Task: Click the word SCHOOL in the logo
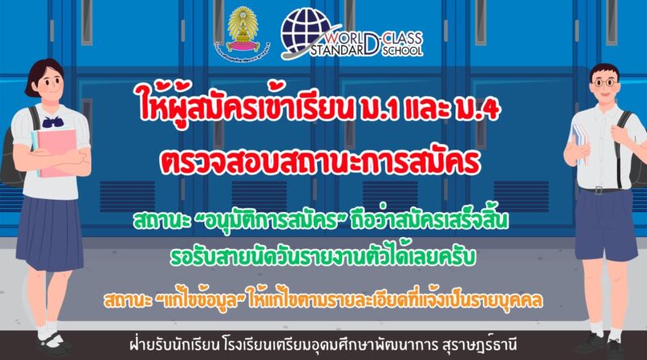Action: click(402, 50)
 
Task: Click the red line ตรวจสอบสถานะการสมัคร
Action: click(320, 162)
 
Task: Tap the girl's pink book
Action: click(55, 152)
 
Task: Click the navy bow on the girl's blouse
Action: click(53, 121)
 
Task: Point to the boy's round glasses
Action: click(605, 83)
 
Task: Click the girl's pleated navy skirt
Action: click(50, 232)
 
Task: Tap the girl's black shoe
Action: click(53, 342)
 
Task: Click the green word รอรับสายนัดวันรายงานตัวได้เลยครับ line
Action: click(323, 256)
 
